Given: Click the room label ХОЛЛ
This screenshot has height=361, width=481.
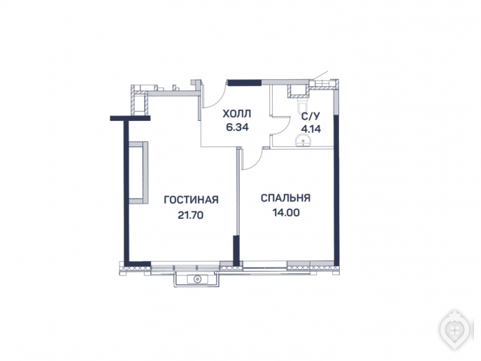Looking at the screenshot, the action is (236, 114).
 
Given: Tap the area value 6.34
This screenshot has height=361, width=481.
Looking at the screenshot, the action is (237, 127).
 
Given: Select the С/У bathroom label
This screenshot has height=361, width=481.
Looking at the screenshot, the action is (310, 116).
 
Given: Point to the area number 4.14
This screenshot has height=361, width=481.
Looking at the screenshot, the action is (311, 129).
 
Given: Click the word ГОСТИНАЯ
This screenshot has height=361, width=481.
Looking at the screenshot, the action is (191, 200).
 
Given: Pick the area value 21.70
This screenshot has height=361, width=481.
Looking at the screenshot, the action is (190, 215).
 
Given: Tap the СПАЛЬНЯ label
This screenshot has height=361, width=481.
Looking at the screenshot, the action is (285, 198).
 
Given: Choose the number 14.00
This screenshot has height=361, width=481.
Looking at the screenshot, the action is (286, 213).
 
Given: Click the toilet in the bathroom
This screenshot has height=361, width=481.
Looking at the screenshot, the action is (302, 103).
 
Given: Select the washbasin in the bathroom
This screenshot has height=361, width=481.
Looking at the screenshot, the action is (303, 141).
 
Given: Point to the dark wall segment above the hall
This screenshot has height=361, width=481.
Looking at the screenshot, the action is (245, 83).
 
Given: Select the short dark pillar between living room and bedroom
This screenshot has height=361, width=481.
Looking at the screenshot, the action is (236, 250).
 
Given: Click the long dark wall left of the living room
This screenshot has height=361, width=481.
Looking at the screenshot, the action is (126, 191).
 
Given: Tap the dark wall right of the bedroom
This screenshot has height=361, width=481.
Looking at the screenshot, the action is (336, 190).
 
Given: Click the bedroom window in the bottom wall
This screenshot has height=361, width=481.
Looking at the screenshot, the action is (265, 265).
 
